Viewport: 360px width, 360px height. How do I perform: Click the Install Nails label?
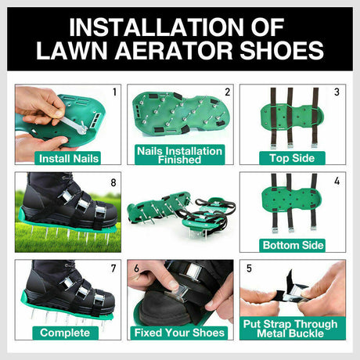click(x=68, y=157)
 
